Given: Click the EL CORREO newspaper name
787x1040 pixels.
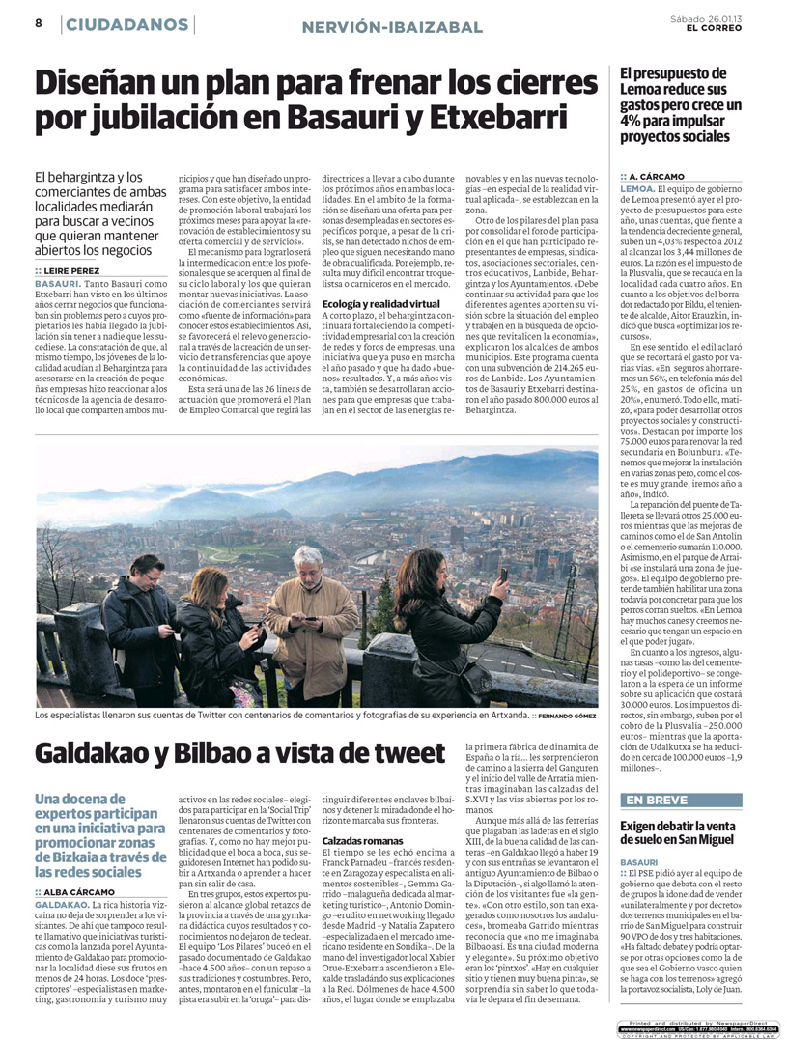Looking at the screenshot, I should point(716,28).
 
